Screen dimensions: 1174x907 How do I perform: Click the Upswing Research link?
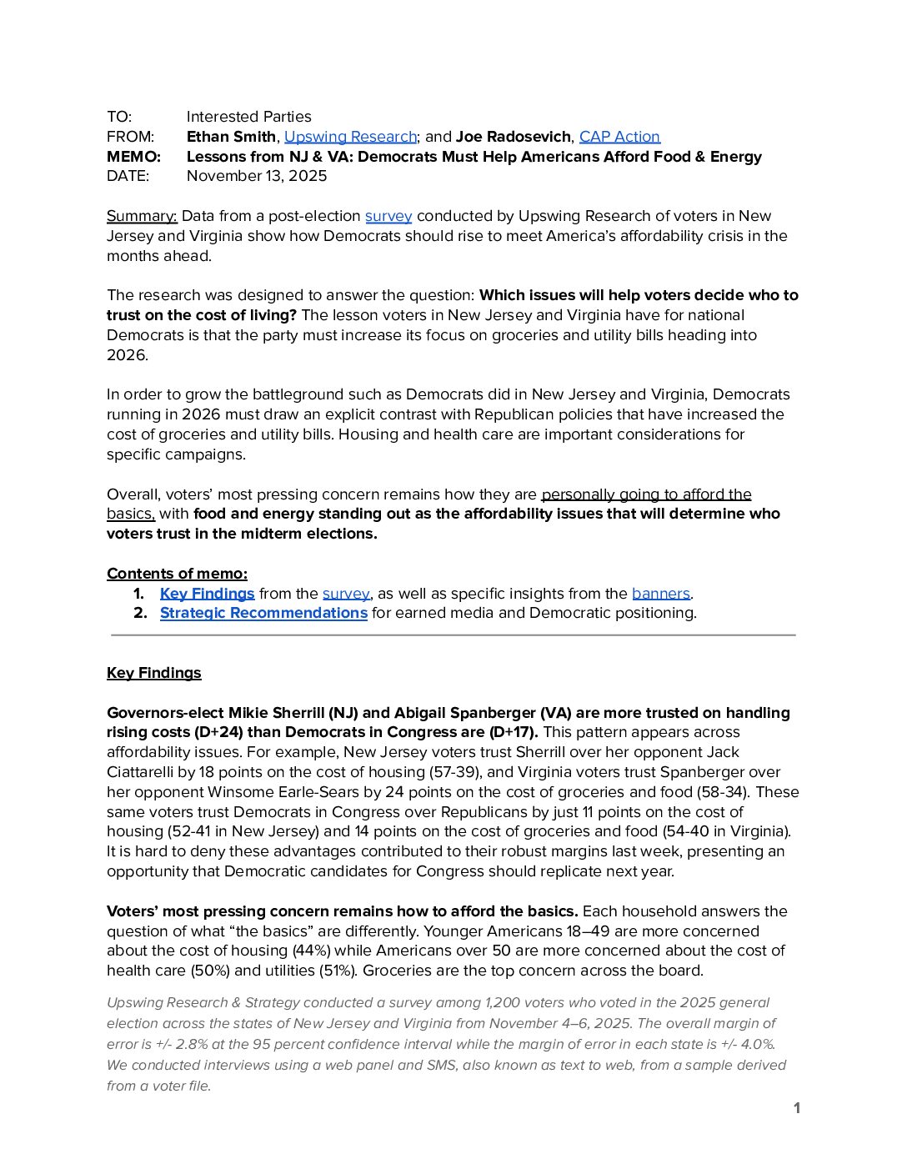350,137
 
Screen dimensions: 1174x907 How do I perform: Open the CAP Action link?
619,137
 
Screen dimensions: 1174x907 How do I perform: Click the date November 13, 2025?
257,176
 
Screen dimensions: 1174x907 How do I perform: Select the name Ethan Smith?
231,137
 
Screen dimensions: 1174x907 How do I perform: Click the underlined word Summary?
142,216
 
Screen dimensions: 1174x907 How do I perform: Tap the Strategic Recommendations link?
263,613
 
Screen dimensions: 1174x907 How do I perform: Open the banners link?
661,594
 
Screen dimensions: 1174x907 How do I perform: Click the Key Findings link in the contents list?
207,594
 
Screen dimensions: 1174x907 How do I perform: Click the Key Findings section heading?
154,673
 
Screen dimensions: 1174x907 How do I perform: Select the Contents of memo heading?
177,574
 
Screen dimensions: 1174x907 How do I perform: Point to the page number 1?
797,1108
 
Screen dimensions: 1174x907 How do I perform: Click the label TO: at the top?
119,117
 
